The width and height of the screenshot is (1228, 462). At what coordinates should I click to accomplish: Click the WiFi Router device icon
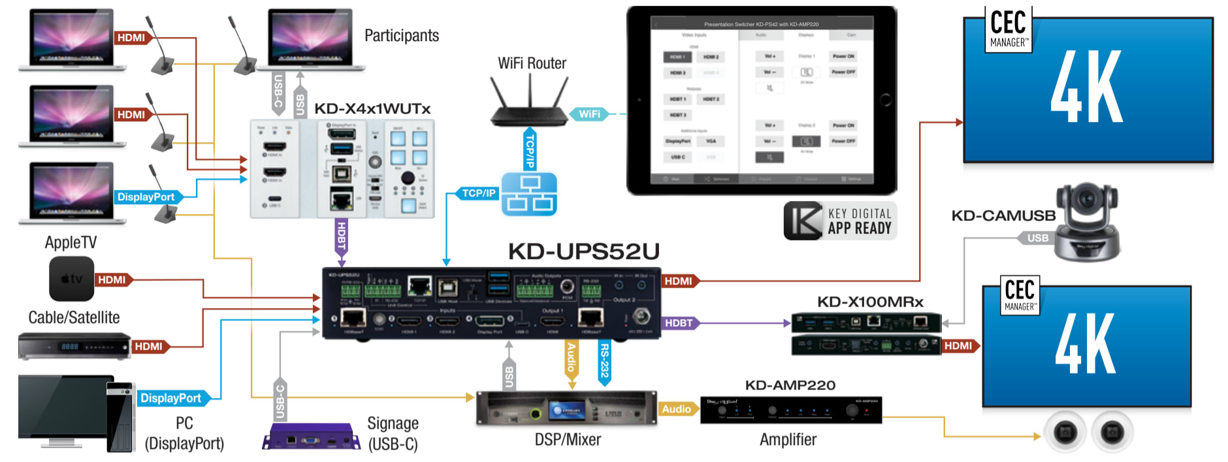529,104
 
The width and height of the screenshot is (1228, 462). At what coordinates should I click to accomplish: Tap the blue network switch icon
529,194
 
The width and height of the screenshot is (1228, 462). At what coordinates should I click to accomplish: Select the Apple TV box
71,279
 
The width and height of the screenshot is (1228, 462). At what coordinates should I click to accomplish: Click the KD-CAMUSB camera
1087,222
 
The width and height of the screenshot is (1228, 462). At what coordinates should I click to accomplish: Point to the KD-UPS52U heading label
583,251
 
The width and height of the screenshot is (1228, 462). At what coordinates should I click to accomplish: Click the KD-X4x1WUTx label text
372,108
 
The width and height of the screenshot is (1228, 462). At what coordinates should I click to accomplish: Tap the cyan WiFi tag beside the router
589,114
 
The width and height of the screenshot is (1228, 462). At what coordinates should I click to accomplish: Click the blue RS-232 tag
604,362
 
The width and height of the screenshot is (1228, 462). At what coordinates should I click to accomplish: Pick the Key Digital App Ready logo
840,221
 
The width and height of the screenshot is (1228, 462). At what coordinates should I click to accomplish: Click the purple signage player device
311,438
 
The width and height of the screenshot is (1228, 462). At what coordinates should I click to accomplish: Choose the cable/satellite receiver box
74,346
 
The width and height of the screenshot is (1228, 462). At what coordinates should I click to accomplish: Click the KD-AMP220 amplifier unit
790,410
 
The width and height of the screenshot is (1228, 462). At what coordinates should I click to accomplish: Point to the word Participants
401,36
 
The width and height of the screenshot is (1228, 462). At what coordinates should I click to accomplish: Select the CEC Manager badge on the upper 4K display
1009,29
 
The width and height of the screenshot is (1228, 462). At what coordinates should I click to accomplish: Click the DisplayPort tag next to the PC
171,398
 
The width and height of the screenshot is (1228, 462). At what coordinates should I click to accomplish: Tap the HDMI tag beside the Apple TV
112,280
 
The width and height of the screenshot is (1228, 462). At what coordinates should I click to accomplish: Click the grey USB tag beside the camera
1037,238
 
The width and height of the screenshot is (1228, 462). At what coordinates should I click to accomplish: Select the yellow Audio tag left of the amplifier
676,409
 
